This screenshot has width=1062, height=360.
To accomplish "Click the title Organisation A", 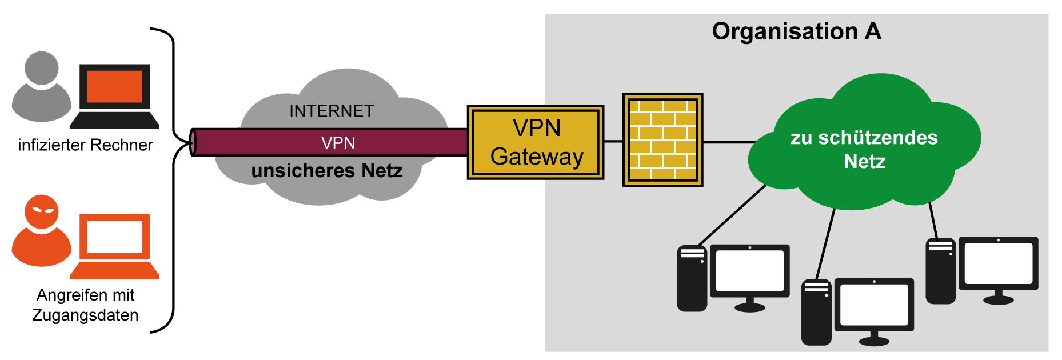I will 796,31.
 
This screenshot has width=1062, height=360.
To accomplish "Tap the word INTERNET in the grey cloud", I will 332,111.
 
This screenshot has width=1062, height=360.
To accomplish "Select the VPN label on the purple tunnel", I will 338,142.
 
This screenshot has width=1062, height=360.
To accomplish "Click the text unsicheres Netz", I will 326,170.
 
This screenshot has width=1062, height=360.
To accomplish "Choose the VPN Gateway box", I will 536,142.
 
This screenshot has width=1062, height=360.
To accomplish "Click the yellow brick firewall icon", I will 662,140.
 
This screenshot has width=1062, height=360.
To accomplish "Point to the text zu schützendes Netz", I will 864,149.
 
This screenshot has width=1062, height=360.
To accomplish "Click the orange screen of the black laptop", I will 114,86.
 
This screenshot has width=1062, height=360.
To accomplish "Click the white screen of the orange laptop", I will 114,236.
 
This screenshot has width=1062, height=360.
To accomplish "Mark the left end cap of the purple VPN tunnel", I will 193,142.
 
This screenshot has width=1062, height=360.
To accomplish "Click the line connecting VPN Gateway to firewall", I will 613,141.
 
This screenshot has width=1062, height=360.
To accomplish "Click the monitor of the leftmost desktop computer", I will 749,270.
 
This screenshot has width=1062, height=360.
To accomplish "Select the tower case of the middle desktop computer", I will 816,313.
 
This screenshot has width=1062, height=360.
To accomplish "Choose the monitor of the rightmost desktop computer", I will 998,263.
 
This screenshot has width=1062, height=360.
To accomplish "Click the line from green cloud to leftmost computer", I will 732,215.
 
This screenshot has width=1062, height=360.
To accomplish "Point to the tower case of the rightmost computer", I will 940,271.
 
